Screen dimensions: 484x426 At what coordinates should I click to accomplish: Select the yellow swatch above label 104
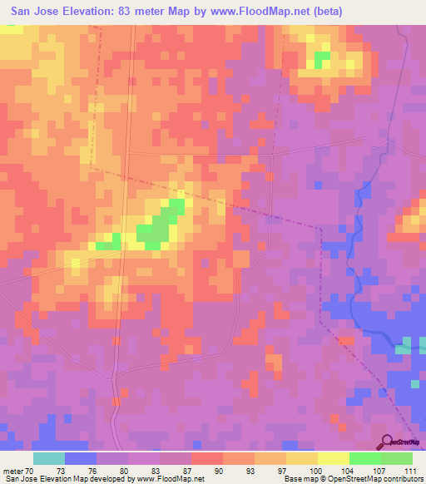tap(333, 458)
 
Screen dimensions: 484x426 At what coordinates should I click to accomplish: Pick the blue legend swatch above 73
tap(80, 458)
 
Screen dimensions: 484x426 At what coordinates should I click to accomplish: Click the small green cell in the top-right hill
tap(321, 59)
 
